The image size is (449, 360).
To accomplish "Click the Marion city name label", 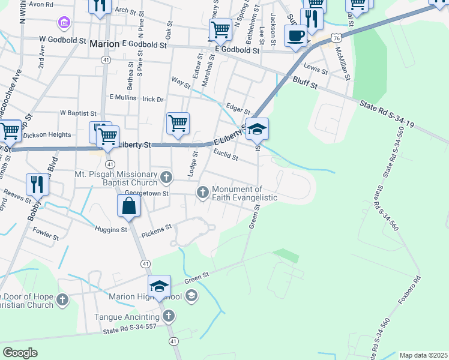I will click(104, 44).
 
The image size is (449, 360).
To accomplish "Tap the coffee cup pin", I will click(295, 35).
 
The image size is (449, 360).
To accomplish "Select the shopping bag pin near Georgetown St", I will click(129, 206).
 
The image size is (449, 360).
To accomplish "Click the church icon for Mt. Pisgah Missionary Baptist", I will click(166, 177).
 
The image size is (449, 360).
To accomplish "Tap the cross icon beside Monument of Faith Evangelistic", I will click(203, 192).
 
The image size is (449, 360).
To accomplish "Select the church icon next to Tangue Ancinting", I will click(169, 316).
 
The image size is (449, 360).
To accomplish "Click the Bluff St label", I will click(305, 82).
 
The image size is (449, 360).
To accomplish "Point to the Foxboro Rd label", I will click(410, 299).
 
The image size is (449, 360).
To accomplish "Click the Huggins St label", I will click(112, 229).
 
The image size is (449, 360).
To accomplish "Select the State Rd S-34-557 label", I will click(130, 331).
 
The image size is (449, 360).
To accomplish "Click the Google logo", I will click(20, 353).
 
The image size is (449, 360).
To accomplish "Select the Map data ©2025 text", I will click(423, 355).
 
